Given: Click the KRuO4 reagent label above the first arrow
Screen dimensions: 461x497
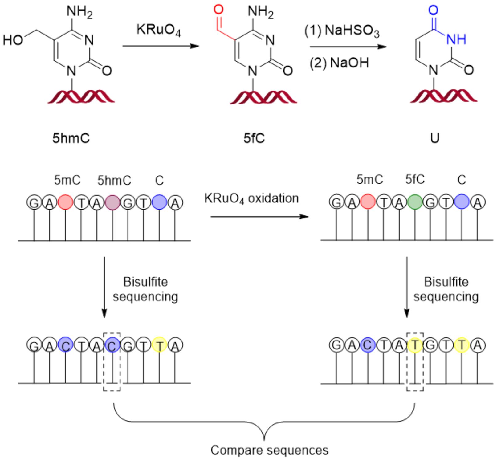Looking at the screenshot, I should click(x=159, y=31).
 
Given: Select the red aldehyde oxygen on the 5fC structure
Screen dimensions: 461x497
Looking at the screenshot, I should click(x=218, y=10).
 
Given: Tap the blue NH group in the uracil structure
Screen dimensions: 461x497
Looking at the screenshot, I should click(x=456, y=39).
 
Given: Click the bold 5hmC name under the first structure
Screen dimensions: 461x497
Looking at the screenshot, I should click(x=71, y=138).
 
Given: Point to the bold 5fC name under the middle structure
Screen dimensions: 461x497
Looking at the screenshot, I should click(x=254, y=138).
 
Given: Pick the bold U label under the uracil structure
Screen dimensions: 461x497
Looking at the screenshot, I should click(x=434, y=138).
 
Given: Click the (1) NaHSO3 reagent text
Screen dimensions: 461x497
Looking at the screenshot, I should click(x=342, y=31).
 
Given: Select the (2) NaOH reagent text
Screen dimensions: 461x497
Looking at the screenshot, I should click(x=339, y=63).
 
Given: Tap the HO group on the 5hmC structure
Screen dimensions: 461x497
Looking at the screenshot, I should click(x=13, y=40).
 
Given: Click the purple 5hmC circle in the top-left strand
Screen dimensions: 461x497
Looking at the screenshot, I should click(x=112, y=202).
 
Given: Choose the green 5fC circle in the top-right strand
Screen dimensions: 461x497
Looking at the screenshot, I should click(x=415, y=202).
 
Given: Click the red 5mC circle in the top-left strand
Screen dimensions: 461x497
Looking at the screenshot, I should click(x=65, y=202).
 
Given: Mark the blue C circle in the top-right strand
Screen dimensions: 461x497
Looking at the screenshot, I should click(x=462, y=202).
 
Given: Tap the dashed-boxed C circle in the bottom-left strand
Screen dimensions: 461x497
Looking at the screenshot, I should click(x=112, y=345).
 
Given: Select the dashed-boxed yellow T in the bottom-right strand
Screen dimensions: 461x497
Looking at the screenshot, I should click(x=415, y=345).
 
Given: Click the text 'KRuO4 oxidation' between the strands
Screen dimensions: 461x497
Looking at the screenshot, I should click(x=251, y=198).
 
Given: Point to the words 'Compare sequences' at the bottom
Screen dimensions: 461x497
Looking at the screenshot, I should click(x=269, y=450).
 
